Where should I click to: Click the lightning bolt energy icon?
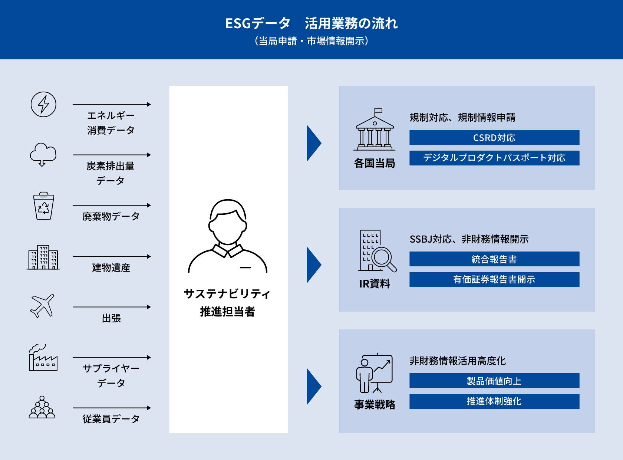(43, 104)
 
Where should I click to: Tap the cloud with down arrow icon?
(43, 154)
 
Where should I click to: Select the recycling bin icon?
(43, 206)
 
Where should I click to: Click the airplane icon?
(42, 306)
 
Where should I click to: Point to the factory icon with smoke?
(43, 358)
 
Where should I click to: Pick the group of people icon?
(42, 408)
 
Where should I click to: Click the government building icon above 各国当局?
(375, 130)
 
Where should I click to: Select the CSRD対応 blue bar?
(494, 137)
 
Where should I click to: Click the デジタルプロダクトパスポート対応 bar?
(494, 158)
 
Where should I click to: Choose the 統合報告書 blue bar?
(494, 259)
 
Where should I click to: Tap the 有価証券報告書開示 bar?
(494, 280)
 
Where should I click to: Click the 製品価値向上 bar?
(494, 381)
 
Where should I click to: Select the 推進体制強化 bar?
(494, 401)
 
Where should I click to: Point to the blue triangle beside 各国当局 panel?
(313, 143)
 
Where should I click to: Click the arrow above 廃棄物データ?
(111, 205)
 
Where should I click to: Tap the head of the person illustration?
(228, 223)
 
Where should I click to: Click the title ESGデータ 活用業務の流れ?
(311, 23)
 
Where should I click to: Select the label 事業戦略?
(375, 404)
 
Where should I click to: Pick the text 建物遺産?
(111, 267)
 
